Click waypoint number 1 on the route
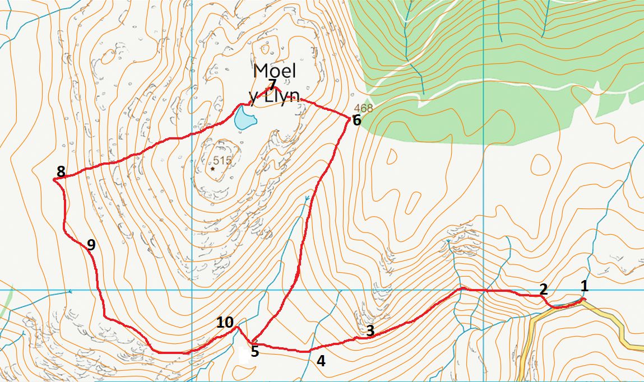tap(584, 286)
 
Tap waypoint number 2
tap(543, 289)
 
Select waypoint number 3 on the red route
tap(370, 330)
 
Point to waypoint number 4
tap(321, 361)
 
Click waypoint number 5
tap(254, 352)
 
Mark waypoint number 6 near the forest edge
tap(356, 120)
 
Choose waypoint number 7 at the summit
tap(272, 85)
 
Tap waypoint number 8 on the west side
tap(61, 171)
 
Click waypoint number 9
tap(91, 244)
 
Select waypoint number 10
tap(225, 322)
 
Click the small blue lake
tap(244, 119)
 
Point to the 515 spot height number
tap(222, 161)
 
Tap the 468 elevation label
tap(363, 108)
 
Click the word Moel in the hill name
tap(274, 71)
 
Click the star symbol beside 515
tap(213, 168)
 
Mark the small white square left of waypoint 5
tap(244, 356)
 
